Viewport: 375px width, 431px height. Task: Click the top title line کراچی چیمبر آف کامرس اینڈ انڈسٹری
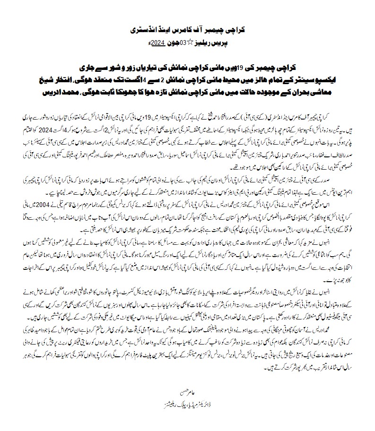click(188, 30)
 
